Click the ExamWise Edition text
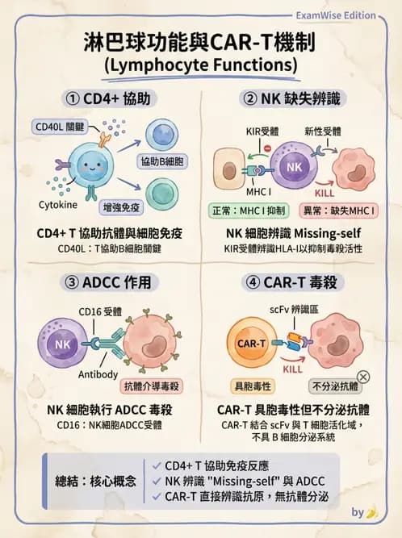pos(336,15)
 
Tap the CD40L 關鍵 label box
pos(60,127)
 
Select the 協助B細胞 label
pos(162,161)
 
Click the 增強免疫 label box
pos(121,207)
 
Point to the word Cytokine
pos(58,205)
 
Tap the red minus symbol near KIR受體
pos(268,148)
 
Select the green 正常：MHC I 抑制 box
pos(249,211)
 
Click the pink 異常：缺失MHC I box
pos(339,211)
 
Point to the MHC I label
pos(258,192)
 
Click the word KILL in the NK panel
pos(325,193)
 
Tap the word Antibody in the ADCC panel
pos(98,374)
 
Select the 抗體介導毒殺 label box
pos(152,386)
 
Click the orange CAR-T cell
pos(252,343)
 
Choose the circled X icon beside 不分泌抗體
pos(363,377)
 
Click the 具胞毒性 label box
pos(253,386)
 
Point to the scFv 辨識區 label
pos(294,310)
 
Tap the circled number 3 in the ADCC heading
pos(71,283)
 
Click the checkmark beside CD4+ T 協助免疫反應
pos(157,465)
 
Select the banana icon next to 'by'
pos(372,513)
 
